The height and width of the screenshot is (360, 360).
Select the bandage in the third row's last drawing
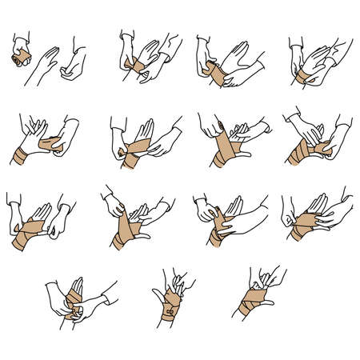pos(308,228)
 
